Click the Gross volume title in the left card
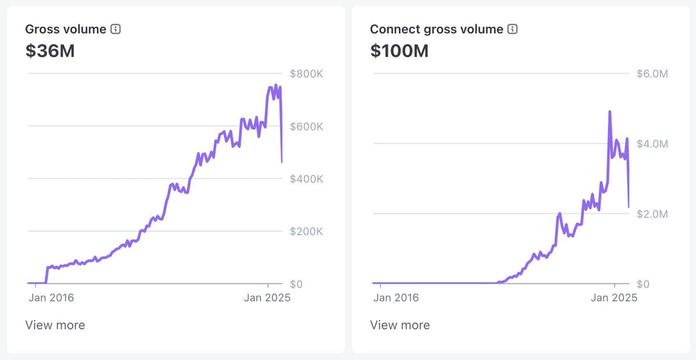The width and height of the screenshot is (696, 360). click(66, 29)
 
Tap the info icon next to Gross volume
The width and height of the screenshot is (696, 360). click(115, 29)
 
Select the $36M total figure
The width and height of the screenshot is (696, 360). click(50, 51)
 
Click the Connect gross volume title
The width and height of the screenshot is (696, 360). click(436, 29)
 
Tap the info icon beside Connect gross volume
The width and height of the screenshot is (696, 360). click(512, 29)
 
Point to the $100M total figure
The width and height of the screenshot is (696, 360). click(399, 51)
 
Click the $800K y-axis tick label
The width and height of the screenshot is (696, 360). click(306, 74)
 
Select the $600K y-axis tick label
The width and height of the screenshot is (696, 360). click(306, 126)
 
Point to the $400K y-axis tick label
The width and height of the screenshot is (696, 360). click(306, 179)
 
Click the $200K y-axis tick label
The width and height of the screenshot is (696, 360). click(306, 231)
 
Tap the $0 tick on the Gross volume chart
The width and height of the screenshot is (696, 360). click(296, 284)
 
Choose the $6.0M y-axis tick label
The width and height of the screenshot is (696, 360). click(652, 74)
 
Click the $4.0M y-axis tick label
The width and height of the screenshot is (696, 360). click(652, 144)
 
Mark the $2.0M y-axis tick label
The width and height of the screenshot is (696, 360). click(652, 214)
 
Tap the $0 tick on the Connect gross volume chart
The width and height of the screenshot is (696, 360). click(643, 284)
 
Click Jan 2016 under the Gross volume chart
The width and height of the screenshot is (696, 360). click(51, 298)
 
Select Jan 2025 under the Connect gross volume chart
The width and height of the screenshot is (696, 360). click(614, 298)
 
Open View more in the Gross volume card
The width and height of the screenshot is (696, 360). click(55, 325)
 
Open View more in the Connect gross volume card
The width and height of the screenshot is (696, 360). click(400, 325)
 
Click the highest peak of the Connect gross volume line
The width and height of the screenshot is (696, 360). click(610, 112)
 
